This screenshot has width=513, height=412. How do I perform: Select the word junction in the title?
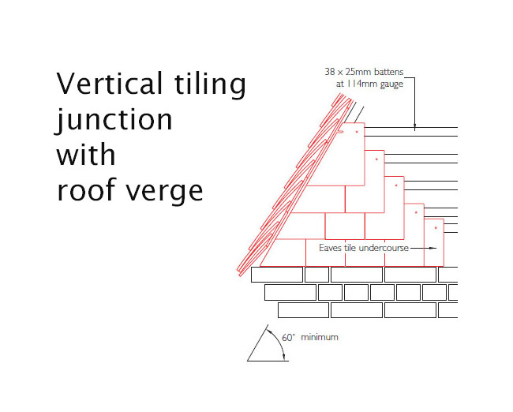pos(114,120)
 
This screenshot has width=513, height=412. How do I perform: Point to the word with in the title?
pos(85,154)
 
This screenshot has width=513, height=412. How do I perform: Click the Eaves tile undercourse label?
pos(364,248)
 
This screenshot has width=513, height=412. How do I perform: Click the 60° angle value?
pos(289,337)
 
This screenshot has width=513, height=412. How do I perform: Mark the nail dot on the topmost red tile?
pos(357,131)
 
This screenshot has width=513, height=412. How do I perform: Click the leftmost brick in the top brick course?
pos(276,275)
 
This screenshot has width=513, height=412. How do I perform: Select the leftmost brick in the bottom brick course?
pos(302,310)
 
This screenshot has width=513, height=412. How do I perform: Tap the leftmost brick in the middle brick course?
pos(290,292)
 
